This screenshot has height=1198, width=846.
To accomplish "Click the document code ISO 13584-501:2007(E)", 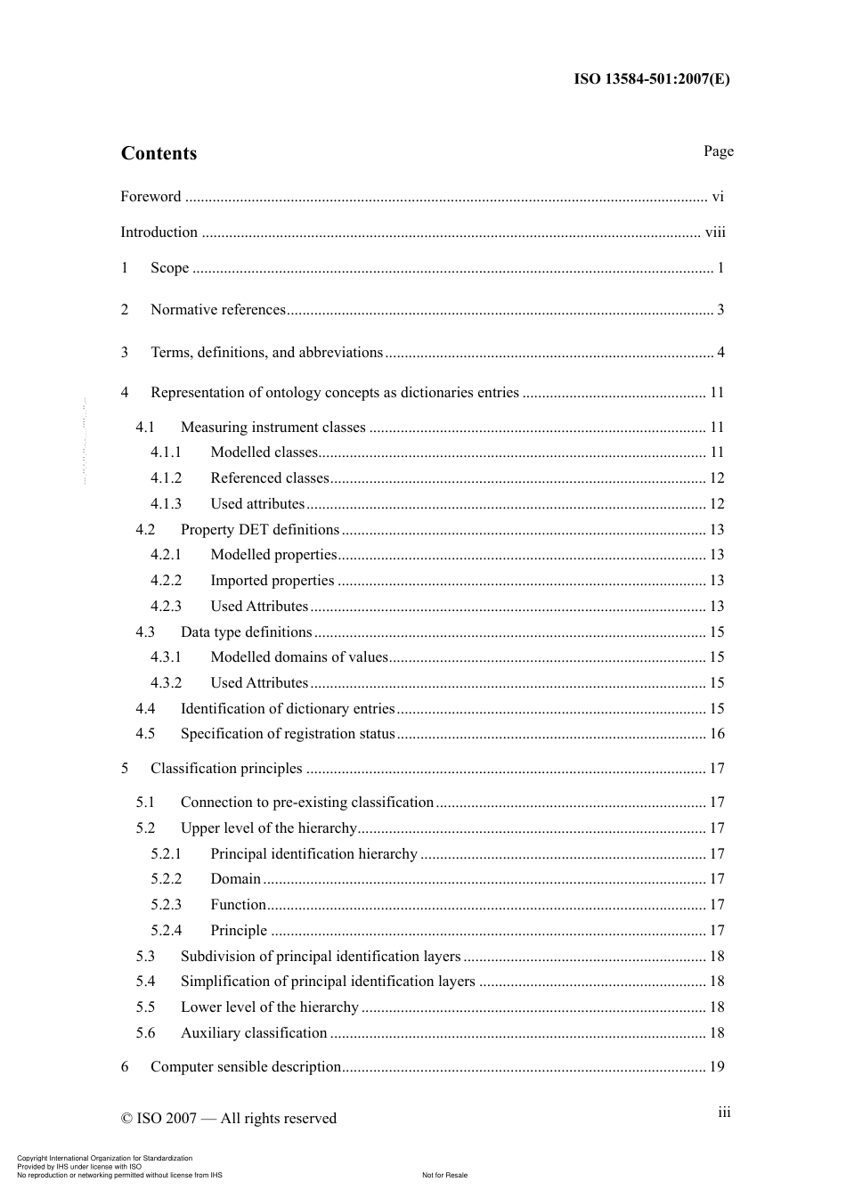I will (651, 78).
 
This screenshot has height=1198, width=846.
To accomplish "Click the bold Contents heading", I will (159, 153).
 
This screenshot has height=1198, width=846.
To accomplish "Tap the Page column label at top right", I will (718, 151).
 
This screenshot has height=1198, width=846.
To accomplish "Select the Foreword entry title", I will (150, 197).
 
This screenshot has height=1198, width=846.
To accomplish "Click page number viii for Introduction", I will (715, 232).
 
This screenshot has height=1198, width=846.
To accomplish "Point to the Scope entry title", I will (169, 268).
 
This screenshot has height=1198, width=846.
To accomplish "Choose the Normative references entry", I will (218, 310).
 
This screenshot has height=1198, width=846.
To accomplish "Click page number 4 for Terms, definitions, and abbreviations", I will (720, 353).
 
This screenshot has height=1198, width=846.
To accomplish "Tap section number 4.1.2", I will (166, 478).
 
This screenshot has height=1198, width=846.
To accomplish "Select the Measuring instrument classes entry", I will (273, 428).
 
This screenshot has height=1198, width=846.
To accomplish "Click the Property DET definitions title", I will (259, 530).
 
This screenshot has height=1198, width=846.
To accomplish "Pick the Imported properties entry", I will (272, 581).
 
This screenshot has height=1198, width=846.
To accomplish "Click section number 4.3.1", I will (166, 657).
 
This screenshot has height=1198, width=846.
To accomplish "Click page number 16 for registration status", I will (717, 734).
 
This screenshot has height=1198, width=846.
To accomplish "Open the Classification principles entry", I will (226, 769).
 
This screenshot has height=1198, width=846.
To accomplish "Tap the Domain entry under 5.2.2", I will (235, 879).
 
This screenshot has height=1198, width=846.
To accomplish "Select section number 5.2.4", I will (166, 931).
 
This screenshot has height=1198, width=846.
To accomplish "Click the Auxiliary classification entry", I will (254, 1033).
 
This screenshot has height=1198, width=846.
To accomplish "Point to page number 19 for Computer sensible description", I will (717, 1067).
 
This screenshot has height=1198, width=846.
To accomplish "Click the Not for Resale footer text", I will (444, 1175).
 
